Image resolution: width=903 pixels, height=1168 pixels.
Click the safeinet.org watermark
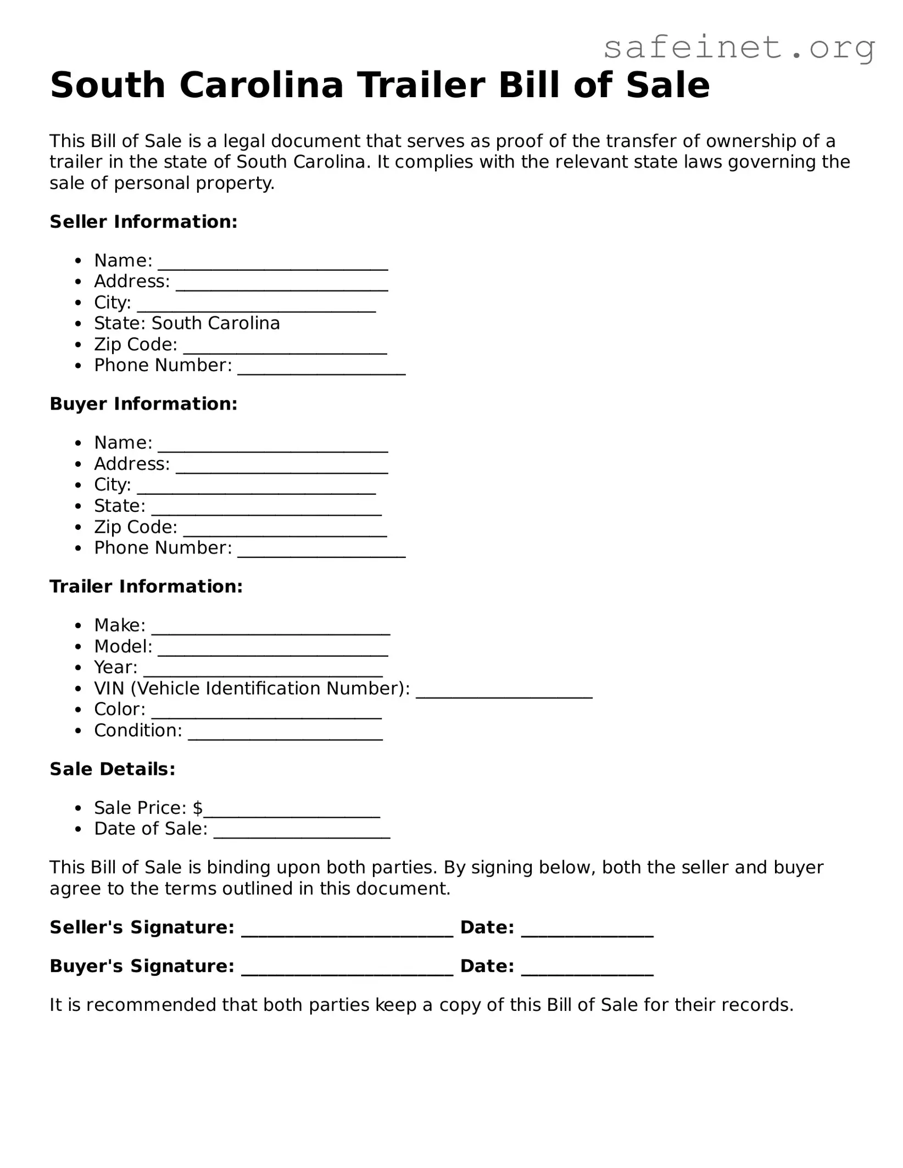click(x=739, y=48)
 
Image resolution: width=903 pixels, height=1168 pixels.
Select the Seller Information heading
click(x=143, y=222)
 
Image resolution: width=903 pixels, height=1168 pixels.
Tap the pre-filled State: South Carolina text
click(x=187, y=323)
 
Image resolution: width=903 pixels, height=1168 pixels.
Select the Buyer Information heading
click(x=143, y=404)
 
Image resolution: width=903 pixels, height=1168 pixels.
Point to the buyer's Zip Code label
click(x=136, y=527)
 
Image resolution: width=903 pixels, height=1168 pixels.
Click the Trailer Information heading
click(x=146, y=587)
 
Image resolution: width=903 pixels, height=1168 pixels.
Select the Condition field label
click(x=138, y=731)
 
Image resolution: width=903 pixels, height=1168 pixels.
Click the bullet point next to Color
click(x=80, y=710)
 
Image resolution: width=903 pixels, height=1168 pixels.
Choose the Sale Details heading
click(x=113, y=769)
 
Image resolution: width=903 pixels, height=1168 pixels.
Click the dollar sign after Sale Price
click(x=198, y=808)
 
